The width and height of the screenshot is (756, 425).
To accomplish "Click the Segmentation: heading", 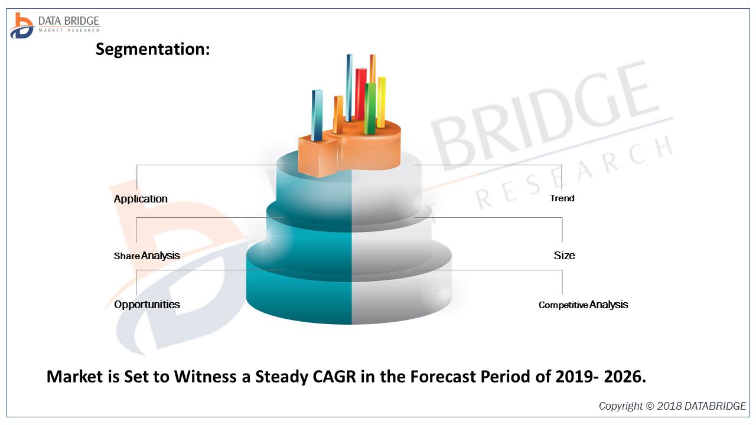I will [x=152, y=50].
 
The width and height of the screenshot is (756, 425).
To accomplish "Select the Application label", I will [x=141, y=199].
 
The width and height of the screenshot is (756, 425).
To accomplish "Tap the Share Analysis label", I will [x=146, y=256].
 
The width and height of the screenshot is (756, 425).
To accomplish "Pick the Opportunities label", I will [x=146, y=305].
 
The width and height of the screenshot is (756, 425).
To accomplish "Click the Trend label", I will [x=562, y=198].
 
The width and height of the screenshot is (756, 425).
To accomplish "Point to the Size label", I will [x=564, y=256].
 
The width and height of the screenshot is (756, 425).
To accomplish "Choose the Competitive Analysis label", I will [x=583, y=305].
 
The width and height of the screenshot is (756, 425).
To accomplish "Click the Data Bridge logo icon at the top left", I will [x=21, y=25].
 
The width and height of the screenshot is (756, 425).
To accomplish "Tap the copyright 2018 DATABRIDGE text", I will [x=672, y=406].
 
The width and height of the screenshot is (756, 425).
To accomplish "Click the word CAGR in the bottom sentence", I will [x=334, y=377].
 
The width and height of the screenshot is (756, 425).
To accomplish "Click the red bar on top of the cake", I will [x=360, y=94].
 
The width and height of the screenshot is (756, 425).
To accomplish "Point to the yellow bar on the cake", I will [x=382, y=102].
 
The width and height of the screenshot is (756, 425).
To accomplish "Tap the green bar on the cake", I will [x=370, y=109].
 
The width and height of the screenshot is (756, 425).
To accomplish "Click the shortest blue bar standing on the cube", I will [x=317, y=115].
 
